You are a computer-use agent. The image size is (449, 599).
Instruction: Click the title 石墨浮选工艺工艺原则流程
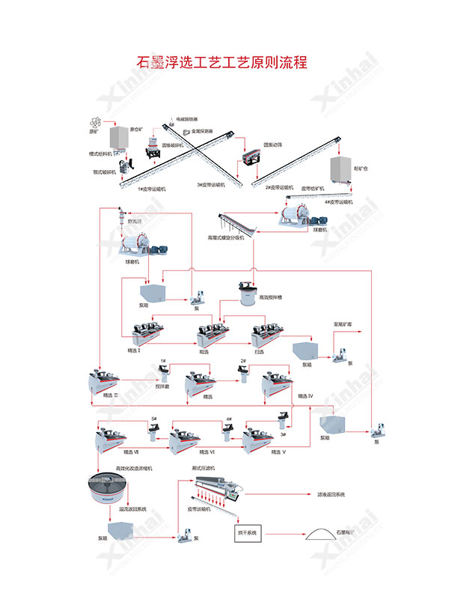224,61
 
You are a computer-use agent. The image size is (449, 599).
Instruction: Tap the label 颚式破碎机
100,170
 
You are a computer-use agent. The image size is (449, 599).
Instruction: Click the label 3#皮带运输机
212,183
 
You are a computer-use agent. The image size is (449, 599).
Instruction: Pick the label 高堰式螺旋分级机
230,237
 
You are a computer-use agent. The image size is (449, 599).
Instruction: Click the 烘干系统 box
246,532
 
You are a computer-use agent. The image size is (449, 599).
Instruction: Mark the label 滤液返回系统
329,495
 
